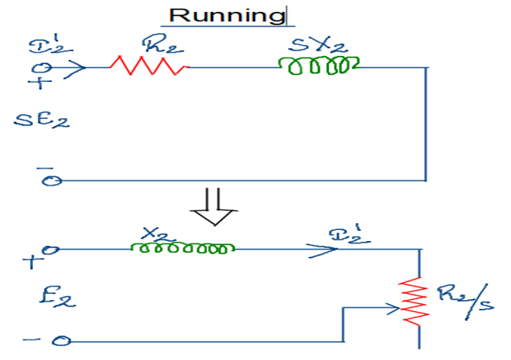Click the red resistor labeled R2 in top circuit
149,66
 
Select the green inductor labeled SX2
319,67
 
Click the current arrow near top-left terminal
75,67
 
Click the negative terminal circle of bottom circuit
61,341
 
